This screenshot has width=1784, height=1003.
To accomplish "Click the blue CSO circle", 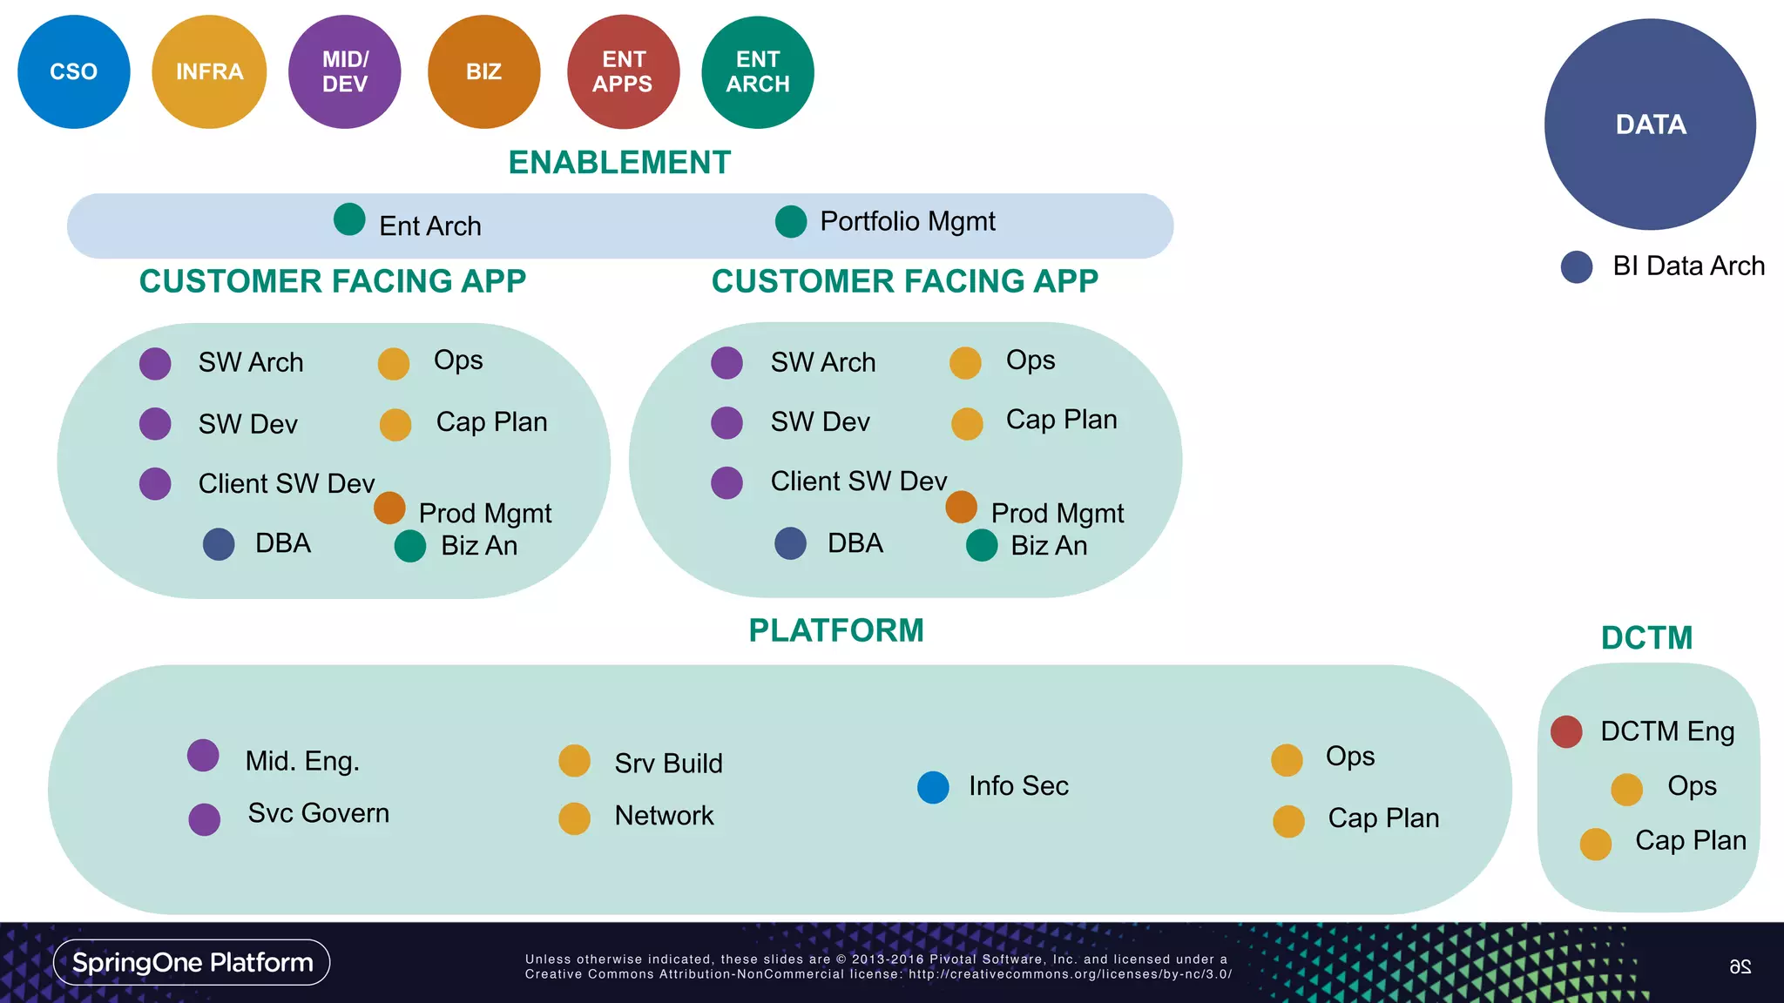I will [x=74, y=72].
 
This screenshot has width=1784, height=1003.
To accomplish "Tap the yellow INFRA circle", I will [x=209, y=72].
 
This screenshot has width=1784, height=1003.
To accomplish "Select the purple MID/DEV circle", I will [x=345, y=72].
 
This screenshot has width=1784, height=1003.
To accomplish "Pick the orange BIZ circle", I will [x=483, y=72].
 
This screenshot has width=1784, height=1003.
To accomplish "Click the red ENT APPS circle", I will [x=623, y=72].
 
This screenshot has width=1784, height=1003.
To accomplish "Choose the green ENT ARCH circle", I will [x=758, y=72].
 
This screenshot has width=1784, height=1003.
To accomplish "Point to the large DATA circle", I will [x=1650, y=125].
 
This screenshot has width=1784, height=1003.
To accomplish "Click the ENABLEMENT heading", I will [x=619, y=163].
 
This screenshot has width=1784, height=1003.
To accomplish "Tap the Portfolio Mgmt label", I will [x=907, y=221].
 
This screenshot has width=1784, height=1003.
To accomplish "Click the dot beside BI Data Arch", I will [x=1577, y=266].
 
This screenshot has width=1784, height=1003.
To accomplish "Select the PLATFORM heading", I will [x=835, y=630].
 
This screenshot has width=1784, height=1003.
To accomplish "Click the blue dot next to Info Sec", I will [x=933, y=787].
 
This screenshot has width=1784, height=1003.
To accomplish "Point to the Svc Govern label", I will [x=318, y=813].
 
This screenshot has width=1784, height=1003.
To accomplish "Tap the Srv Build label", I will [x=668, y=764].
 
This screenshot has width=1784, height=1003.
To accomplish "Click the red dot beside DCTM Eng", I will [x=1566, y=731].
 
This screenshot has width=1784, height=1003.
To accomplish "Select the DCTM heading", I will [x=1646, y=638].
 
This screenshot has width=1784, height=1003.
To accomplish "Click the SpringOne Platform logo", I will [x=192, y=962].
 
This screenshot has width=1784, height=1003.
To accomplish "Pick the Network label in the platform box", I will [x=664, y=816].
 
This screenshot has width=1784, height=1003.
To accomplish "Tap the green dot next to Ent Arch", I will [x=349, y=219].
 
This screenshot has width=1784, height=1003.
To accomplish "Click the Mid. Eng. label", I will [x=302, y=761].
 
